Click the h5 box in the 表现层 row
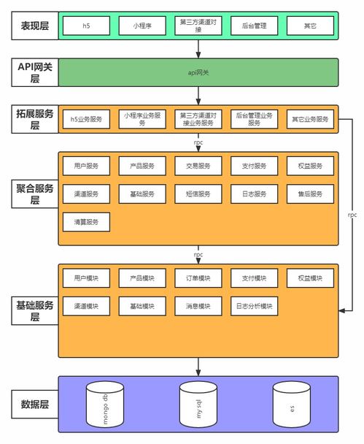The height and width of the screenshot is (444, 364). (x=86, y=26)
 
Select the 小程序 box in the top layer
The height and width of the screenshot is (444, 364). (x=142, y=26)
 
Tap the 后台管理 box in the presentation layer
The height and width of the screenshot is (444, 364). (x=254, y=26)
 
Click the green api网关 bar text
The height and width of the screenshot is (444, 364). (x=198, y=72)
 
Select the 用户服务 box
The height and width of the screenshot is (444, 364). (x=86, y=166)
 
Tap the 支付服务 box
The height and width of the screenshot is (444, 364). (x=254, y=166)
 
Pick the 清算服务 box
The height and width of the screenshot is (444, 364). (x=86, y=221)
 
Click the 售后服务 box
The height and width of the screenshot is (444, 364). (x=310, y=194)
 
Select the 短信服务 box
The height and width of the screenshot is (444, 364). (x=198, y=194)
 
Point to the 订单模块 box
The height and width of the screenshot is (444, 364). (x=198, y=278)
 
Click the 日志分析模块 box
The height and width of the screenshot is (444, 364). (x=254, y=306)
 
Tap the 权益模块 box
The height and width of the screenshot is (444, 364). (x=310, y=278)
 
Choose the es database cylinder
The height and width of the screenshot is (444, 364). (x=292, y=405)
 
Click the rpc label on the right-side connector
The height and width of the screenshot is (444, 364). (x=352, y=215)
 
